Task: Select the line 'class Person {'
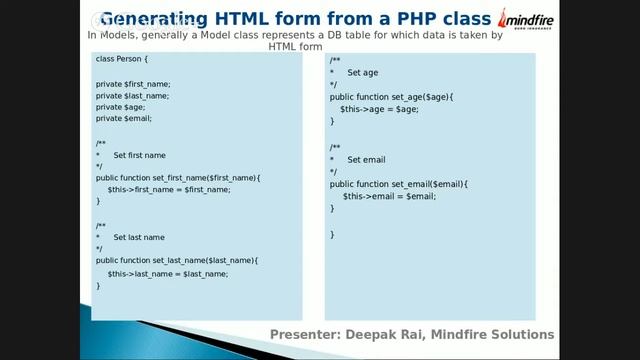[x=122, y=59]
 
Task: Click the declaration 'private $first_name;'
[x=133, y=83]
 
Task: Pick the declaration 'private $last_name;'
[x=132, y=95]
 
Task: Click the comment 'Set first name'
[x=140, y=155]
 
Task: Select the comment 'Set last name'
[x=139, y=237]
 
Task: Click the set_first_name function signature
[x=178, y=177]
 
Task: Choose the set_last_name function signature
[x=177, y=260]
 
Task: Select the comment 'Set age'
[x=362, y=73]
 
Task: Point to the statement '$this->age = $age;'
[x=379, y=108]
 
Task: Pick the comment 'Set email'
[x=366, y=160]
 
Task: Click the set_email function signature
[x=398, y=184]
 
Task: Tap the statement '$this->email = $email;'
[x=389, y=196]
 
